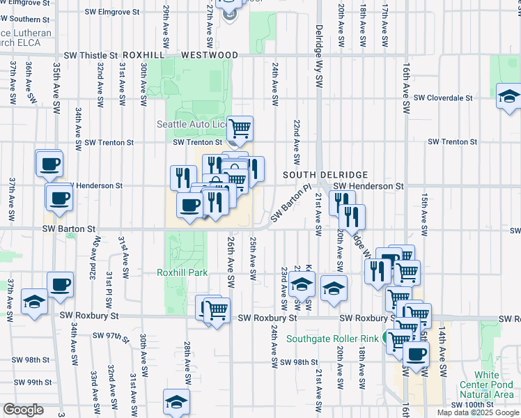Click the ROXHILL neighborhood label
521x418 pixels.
coord(144,55)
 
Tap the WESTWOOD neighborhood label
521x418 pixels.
coord(209,55)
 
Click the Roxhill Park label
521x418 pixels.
coord(182,272)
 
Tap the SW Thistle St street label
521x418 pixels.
coord(91,55)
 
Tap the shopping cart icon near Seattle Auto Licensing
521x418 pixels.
coord(240,127)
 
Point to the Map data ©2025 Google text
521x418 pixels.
coord(478,412)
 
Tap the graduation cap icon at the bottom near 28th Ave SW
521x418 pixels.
coord(177,401)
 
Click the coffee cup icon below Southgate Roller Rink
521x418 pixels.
coord(417,353)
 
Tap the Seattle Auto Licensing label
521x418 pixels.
coord(192,124)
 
